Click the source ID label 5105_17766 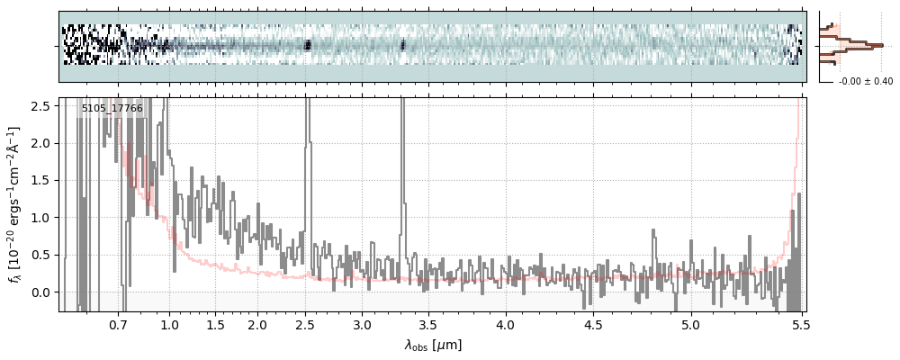(112, 108)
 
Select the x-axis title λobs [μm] (433, 345)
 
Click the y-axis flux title (15, 204)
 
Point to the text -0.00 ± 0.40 (865, 82)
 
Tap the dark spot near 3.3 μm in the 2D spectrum (402, 44)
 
